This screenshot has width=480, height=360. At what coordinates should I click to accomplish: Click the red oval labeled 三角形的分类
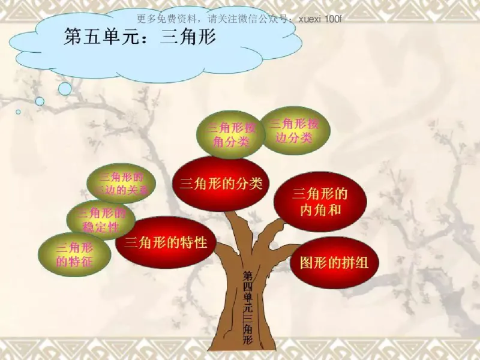coord(221,184)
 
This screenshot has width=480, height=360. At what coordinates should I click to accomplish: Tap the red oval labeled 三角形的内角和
coord(320,202)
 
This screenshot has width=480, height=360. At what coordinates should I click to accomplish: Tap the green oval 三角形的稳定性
coord(101,220)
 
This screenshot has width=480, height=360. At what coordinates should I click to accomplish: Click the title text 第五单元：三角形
coord(139,37)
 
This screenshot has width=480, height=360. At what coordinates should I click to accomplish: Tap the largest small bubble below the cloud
coord(65,89)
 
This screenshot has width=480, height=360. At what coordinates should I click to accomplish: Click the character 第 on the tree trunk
coord(247,275)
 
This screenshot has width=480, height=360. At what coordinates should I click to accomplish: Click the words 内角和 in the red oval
coord(320,209)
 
